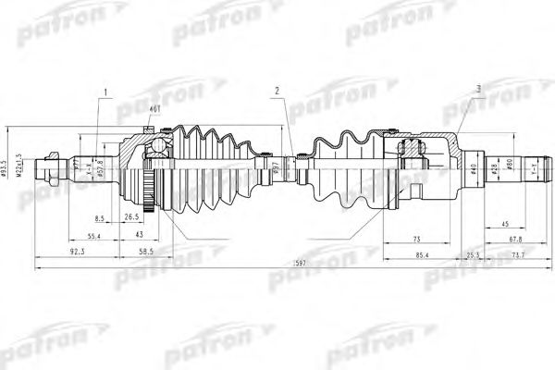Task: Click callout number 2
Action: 277,90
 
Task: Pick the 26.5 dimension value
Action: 132,218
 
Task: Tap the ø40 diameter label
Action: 473,169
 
